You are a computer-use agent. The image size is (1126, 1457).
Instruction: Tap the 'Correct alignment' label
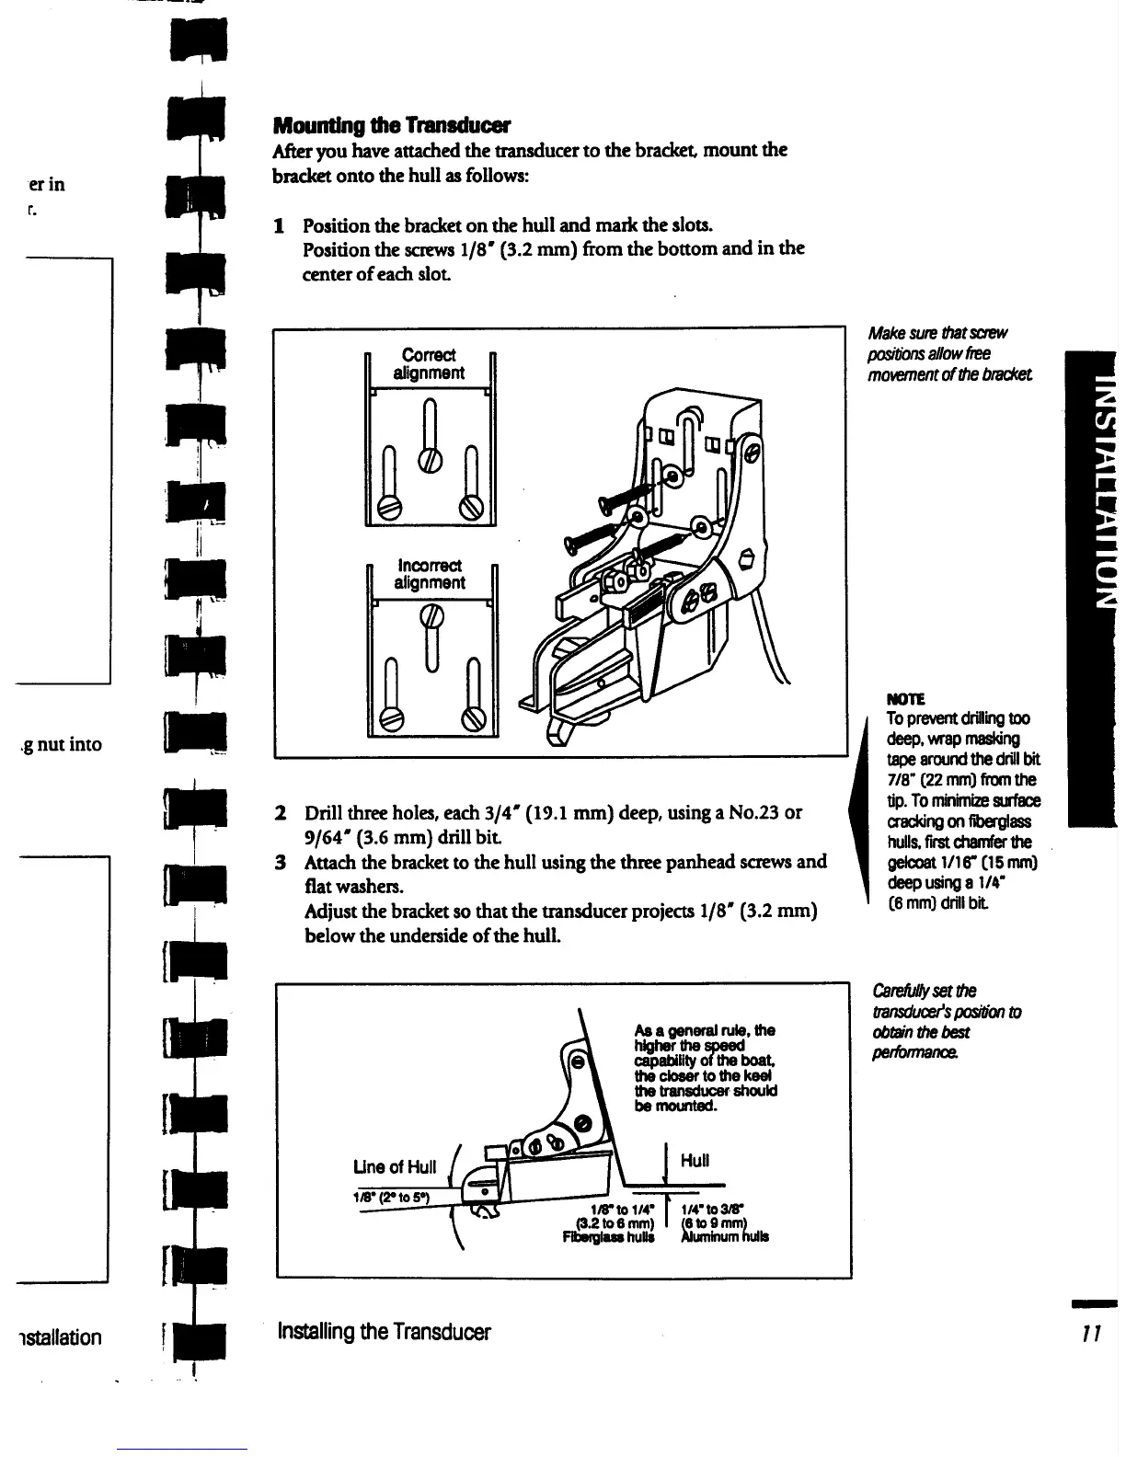coord(429,363)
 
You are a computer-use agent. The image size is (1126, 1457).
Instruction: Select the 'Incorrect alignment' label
coord(430,573)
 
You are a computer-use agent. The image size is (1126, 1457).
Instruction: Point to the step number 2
coord(280,813)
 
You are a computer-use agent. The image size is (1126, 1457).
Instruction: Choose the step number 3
coord(280,862)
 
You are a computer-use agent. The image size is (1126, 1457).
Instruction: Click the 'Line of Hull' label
coord(394,1167)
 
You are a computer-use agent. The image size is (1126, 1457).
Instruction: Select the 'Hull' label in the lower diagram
coord(695,1160)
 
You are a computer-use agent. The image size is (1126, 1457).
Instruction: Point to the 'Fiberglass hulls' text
coord(608,1236)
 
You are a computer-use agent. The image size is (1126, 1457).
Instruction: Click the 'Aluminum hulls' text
coord(724,1236)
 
